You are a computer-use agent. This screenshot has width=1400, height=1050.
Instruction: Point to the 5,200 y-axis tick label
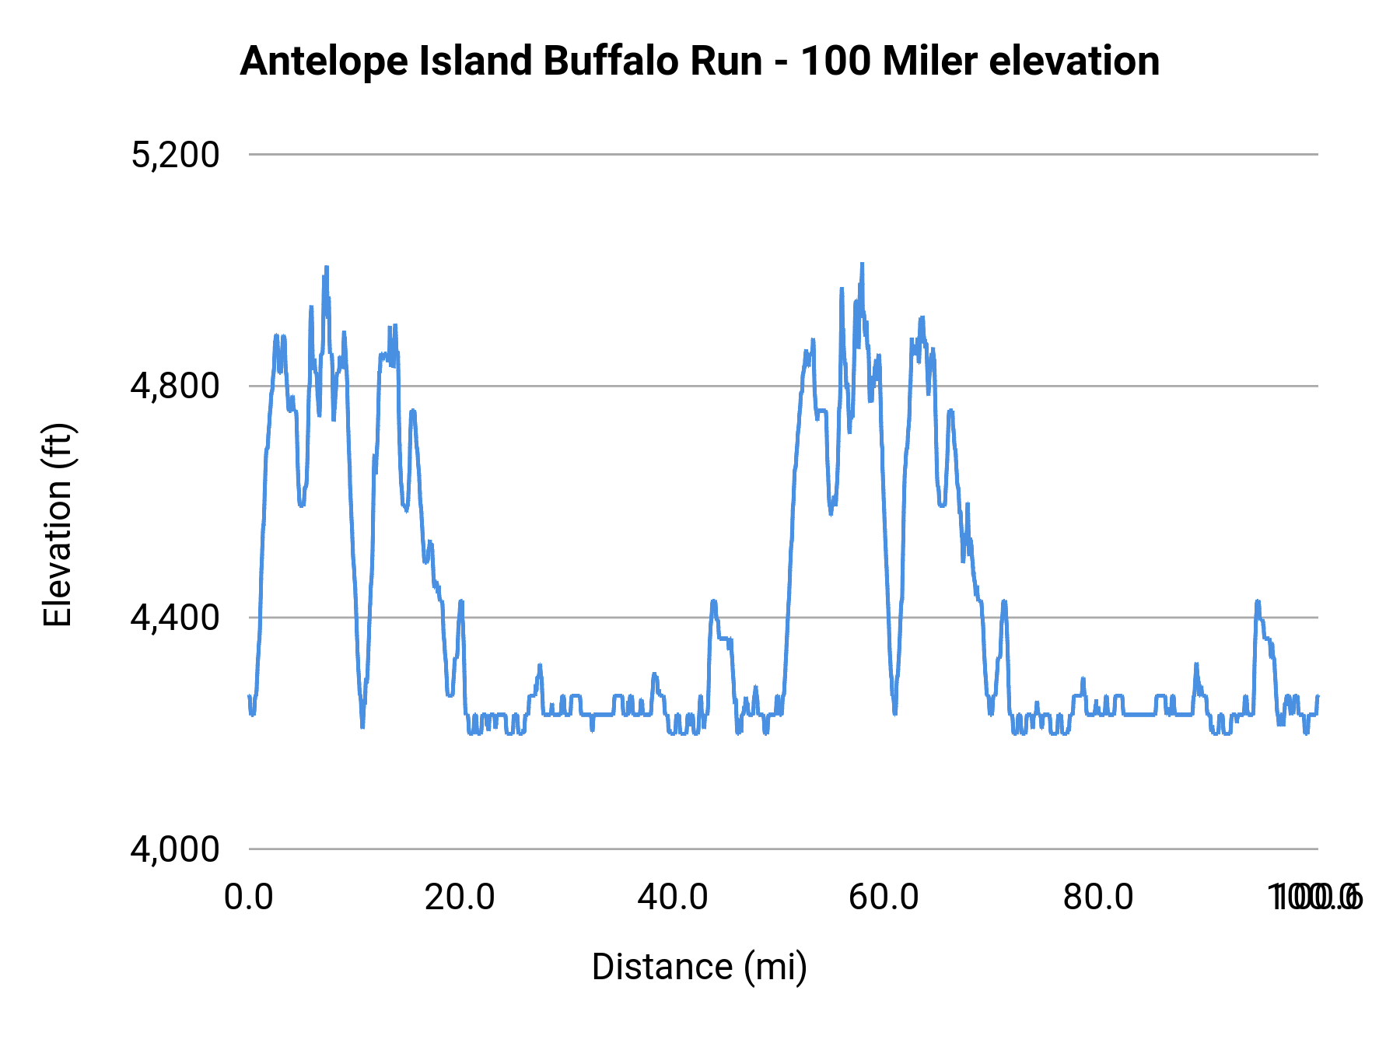(175, 155)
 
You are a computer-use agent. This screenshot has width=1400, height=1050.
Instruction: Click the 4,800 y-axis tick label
(175, 386)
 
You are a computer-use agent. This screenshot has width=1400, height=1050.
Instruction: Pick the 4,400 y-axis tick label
(175, 618)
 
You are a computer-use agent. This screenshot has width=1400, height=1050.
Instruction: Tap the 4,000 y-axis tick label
(175, 849)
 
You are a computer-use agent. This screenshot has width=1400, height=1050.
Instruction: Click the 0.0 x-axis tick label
(249, 898)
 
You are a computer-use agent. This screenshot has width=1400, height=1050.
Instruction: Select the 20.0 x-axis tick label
(460, 898)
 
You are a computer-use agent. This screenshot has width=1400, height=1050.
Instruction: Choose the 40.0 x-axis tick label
(673, 898)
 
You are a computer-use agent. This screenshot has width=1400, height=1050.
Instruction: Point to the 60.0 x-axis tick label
(884, 898)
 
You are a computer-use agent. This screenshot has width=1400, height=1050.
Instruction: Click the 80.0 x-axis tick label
(1097, 898)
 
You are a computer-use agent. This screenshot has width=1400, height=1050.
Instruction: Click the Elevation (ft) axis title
(58, 525)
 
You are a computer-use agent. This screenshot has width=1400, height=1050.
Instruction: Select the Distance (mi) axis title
(699, 967)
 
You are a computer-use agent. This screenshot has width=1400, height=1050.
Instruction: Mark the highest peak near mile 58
(862, 265)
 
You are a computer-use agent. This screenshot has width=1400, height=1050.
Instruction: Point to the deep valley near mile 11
(362, 725)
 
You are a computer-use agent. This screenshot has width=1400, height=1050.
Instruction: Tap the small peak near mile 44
(713, 602)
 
